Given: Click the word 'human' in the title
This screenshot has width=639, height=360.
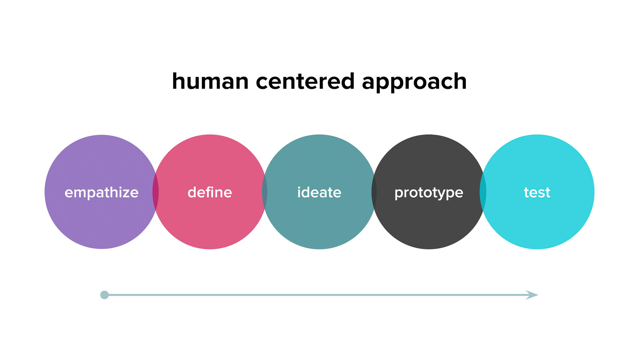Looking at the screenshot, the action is coord(210,81).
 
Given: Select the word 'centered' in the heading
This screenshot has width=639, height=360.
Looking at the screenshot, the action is coord(305,81).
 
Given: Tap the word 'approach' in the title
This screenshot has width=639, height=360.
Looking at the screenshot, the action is coord(414,82).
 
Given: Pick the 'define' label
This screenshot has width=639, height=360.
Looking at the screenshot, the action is coord(210,192).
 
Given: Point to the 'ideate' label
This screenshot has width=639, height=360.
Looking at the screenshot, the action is coord(319,192).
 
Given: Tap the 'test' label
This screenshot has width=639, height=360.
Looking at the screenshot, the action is coord(537,192).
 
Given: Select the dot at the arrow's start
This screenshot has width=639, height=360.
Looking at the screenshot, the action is coord(105,295).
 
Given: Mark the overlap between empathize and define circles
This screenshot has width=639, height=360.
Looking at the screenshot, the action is coord(155,192).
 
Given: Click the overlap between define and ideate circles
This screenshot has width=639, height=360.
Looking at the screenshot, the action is coord(265,192).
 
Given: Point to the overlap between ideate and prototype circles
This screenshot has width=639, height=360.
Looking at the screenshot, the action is coord(374,192).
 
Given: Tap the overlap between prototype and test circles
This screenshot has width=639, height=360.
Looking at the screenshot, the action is coord(483,192).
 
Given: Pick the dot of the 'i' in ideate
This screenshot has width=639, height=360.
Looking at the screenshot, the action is coord(299,187).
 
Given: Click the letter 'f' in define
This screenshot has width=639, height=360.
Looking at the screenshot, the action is coord(209,192).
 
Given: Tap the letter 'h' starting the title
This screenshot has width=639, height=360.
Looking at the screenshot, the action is coord(178,81).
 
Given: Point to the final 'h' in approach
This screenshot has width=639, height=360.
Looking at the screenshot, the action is coord(461,81).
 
